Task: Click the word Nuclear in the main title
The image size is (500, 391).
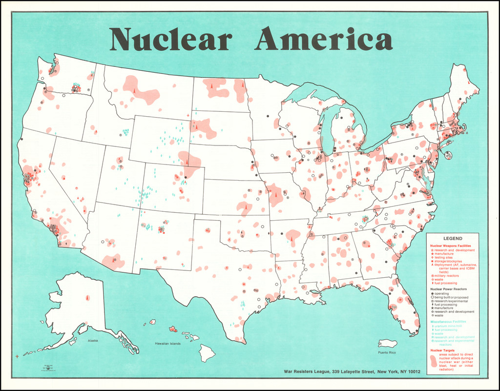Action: pyautogui.click(x=170, y=40)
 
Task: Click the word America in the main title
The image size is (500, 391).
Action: pyautogui.click(x=323, y=40)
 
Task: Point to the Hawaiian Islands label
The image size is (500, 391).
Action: pyautogui.click(x=167, y=344)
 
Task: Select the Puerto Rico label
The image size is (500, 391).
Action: pyautogui.click(x=386, y=352)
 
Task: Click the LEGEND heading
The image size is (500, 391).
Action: pyautogui.click(x=453, y=238)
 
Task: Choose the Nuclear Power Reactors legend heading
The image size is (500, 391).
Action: pyautogui.click(x=449, y=289)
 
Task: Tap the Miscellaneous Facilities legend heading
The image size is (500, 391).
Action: pyautogui.click(x=448, y=322)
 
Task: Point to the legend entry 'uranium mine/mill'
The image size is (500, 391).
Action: pyautogui.click(x=449, y=326)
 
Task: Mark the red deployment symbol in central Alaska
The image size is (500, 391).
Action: pyautogui.click(x=87, y=297)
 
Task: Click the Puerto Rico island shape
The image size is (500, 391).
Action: pyautogui.click(x=388, y=344)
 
